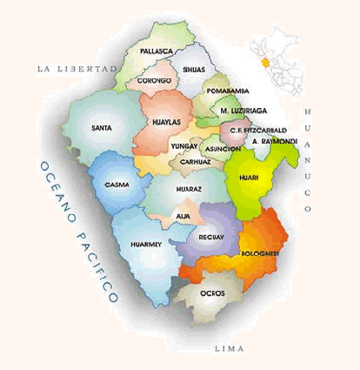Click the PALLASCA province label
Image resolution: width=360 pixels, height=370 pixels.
(x=156, y=51)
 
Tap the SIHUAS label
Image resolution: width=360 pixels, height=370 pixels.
(x=194, y=66)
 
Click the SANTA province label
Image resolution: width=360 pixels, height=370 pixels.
(x=101, y=128)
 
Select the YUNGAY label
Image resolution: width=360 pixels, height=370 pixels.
(x=184, y=146)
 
